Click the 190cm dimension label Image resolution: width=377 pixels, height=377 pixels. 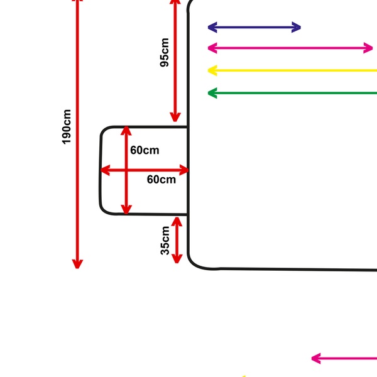(x=67, y=127)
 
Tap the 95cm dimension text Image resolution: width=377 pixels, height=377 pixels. (x=165, y=52)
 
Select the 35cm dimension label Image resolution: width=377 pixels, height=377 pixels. (x=165, y=241)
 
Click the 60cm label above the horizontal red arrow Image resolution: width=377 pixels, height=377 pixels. (x=145, y=150)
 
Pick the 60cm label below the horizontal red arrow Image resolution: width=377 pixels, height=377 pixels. (x=161, y=180)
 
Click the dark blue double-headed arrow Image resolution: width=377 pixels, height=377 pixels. (x=254, y=27)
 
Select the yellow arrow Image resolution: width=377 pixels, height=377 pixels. (x=292, y=70)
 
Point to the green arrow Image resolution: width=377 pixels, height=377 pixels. (x=292, y=93)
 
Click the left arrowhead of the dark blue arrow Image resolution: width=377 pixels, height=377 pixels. (x=212, y=27)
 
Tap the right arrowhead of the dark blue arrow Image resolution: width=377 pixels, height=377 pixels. (x=296, y=27)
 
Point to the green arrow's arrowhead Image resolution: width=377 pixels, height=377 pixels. (x=212, y=93)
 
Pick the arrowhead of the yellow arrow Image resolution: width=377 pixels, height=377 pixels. (x=212, y=70)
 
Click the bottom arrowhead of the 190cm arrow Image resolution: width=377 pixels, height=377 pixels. (x=77, y=263)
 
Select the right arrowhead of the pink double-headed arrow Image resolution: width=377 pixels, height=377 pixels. (x=368, y=48)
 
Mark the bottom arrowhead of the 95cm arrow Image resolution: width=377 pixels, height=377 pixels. (x=175, y=117)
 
